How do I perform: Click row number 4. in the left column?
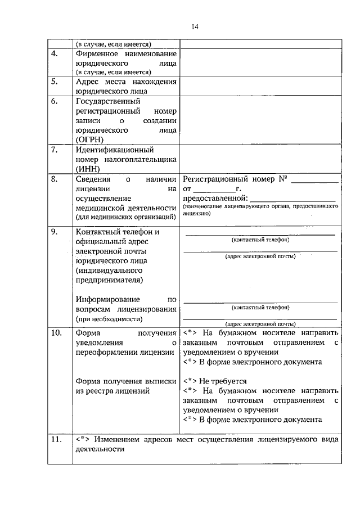coord(55,54)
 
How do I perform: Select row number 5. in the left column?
coord(55,82)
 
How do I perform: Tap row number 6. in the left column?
coord(55,101)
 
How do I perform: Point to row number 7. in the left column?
coord(55,150)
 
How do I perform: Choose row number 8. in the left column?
coord(55,179)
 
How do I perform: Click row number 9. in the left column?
coord(55,232)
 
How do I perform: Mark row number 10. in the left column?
coord(56,332)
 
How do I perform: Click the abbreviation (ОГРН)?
coord(92,139)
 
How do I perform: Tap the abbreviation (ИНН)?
coord(88,169)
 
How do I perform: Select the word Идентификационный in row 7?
coord(114,150)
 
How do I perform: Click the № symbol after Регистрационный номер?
coord(283,179)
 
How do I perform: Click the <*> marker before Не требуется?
coord(190,381)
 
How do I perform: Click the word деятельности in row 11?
coord(99,449)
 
